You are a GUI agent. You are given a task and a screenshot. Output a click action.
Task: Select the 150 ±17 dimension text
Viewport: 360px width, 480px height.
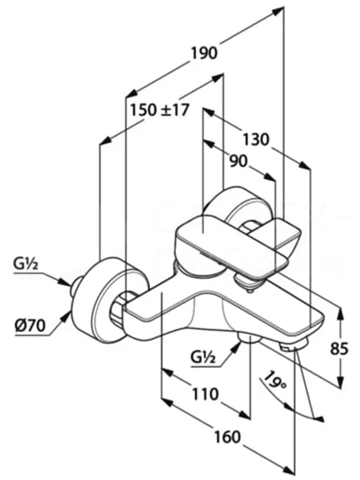(159, 110)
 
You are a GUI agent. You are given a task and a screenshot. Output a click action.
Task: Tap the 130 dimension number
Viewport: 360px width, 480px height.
(256, 139)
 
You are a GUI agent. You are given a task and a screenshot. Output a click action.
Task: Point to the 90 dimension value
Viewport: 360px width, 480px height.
(238, 161)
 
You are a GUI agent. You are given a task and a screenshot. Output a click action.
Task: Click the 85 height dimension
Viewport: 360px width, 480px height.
(339, 349)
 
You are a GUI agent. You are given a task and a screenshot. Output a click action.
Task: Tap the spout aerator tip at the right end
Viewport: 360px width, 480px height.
(295, 345)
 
